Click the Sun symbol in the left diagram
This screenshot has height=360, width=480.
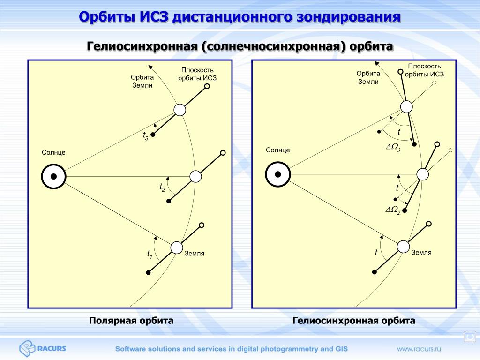[x=53, y=177]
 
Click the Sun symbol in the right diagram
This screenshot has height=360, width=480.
[x=277, y=174]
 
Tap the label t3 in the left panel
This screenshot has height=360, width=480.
[x=146, y=136]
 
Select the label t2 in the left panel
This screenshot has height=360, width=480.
[x=162, y=187]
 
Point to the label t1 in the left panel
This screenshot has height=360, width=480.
[x=150, y=255]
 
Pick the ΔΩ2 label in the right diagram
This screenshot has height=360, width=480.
[x=393, y=210]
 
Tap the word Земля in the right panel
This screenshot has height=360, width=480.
[x=421, y=253]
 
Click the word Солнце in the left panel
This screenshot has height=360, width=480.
[x=53, y=153]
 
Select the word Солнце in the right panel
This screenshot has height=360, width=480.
[x=278, y=150]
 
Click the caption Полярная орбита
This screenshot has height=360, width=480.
[x=131, y=321]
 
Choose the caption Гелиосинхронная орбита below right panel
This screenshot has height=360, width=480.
[x=354, y=321]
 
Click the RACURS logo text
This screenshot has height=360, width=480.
[x=52, y=348]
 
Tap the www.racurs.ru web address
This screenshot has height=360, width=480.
[x=420, y=349]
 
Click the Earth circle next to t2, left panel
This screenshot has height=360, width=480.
[x=195, y=176]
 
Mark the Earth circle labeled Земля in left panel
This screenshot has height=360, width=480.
[x=176, y=247]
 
